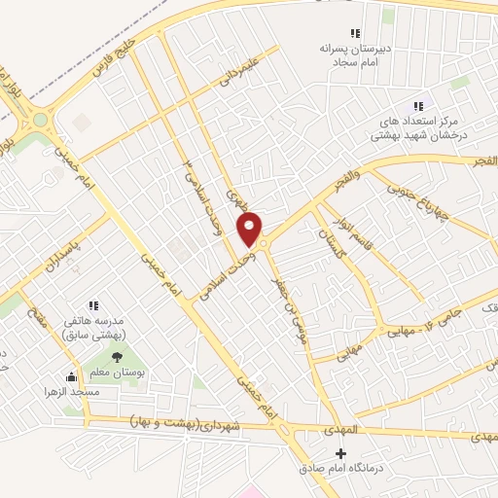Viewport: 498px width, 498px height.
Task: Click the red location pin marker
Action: click(251, 229)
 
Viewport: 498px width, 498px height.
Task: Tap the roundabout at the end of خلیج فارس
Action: click(40, 121)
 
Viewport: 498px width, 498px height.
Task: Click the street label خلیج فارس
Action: click(109, 57)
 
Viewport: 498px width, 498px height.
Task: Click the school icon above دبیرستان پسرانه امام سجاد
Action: click(340, 33)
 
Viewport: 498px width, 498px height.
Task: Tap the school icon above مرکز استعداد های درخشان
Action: click(418, 106)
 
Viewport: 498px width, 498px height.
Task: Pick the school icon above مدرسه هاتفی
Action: click(93, 305)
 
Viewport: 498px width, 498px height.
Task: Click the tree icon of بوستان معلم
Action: click(117, 358)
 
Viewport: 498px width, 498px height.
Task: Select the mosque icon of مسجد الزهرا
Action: click(70, 376)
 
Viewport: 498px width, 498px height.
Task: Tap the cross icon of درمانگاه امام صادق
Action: click(340, 454)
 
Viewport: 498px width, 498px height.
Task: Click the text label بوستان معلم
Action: click(116, 373)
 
